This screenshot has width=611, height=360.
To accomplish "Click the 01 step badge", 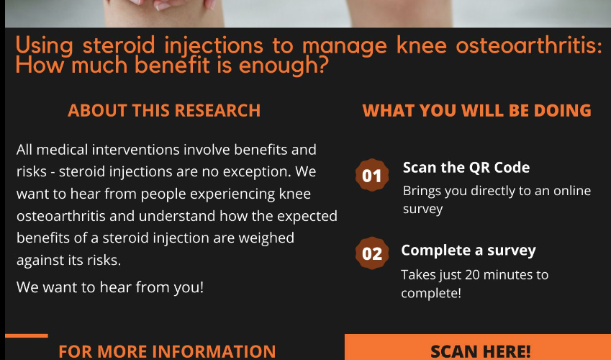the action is point(372,175).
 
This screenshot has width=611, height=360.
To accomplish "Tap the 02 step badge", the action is point(372,253).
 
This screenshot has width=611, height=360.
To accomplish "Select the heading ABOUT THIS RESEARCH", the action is point(164,110).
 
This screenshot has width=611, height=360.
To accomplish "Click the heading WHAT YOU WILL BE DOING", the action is point(477,110).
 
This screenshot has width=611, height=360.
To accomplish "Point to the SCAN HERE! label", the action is point(481,351).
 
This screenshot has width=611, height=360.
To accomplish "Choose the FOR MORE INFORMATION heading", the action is point(167,351).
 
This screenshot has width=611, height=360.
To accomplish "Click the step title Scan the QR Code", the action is point(466,167).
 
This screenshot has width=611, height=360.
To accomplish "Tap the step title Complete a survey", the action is point(469,251).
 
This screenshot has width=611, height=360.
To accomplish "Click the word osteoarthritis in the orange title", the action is point(529,45).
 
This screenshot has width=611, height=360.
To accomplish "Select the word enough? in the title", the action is point(284,66).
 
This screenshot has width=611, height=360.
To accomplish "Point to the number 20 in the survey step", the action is point(472,274).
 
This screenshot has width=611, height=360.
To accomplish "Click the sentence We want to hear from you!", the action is point(110,287).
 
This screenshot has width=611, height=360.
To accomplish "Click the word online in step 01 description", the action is point(572,191).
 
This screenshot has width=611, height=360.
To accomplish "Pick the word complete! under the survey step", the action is point(431,293).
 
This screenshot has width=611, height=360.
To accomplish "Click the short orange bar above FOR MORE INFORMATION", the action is point(27,336).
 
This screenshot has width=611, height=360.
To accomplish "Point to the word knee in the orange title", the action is point(422,45).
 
